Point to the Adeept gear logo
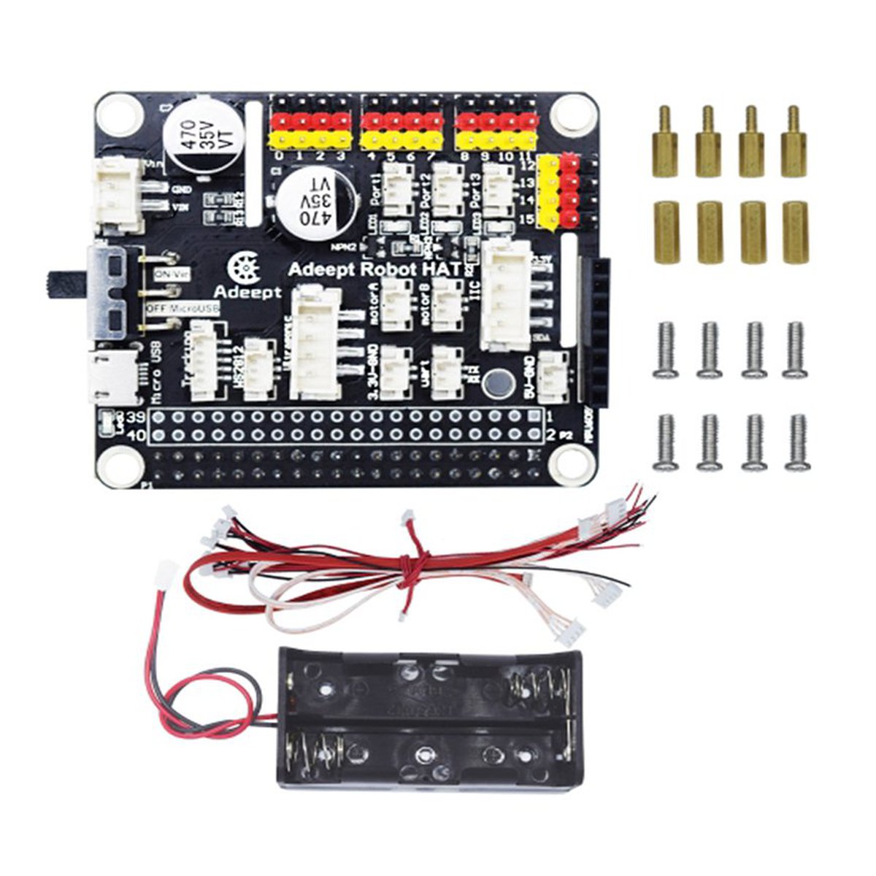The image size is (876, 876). coord(245,270)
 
